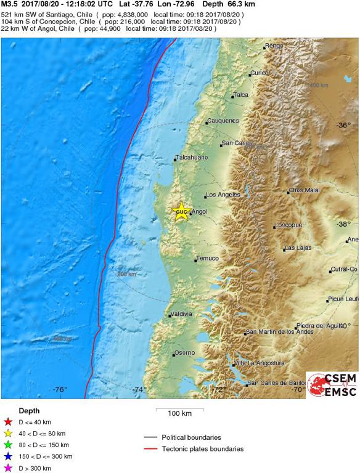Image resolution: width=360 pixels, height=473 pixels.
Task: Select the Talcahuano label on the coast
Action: (192, 158)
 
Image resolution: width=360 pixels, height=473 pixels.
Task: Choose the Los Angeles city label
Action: (223, 195)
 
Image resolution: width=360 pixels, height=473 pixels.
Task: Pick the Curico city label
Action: (260, 73)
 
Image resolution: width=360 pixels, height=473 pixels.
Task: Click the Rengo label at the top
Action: (274, 46)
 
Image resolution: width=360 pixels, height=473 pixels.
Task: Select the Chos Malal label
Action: (305, 190)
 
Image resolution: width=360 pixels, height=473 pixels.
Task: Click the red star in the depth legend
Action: (7, 421)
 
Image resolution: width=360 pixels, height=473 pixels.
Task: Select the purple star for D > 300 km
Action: (7, 468)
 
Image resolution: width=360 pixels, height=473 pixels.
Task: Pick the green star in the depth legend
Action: (7, 445)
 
